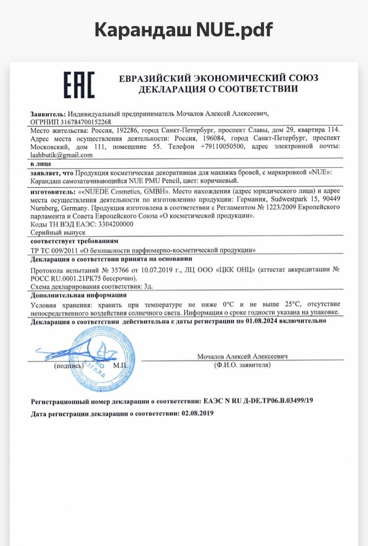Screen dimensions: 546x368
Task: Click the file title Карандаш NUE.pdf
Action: (183, 30)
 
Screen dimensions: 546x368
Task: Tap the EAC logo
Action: (78, 84)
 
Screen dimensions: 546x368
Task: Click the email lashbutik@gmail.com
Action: (62, 155)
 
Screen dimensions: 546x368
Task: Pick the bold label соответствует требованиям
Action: (74, 241)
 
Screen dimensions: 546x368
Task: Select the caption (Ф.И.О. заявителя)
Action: (242, 365)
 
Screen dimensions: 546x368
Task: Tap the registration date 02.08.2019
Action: (197, 413)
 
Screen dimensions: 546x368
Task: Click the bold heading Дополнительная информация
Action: (78, 295)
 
